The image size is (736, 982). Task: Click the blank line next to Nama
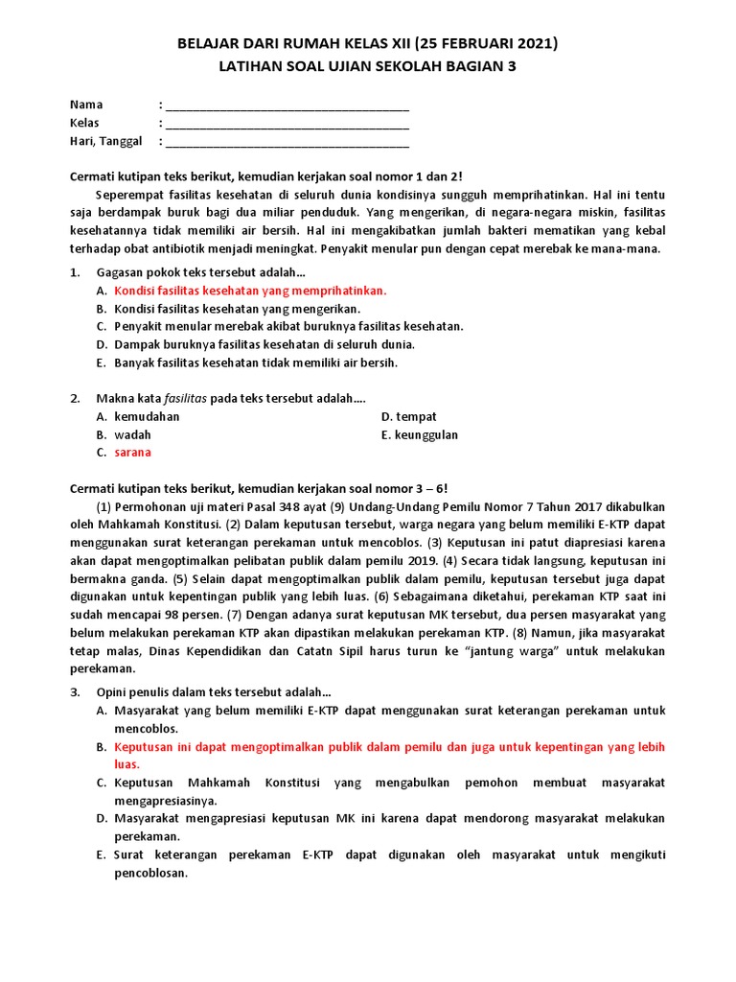pos(287,105)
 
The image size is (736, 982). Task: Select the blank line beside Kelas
pos(287,123)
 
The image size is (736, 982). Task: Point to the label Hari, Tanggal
pos(105,141)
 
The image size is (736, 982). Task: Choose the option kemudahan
pos(147,416)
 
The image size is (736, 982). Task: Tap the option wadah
pos(132,434)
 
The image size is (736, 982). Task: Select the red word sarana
pos(132,453)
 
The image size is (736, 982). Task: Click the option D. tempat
pos(409,416)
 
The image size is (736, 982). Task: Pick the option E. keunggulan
pos(420,434)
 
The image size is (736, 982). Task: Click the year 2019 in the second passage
pos(424,560)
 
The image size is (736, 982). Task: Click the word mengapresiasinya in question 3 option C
pos(166,800)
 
